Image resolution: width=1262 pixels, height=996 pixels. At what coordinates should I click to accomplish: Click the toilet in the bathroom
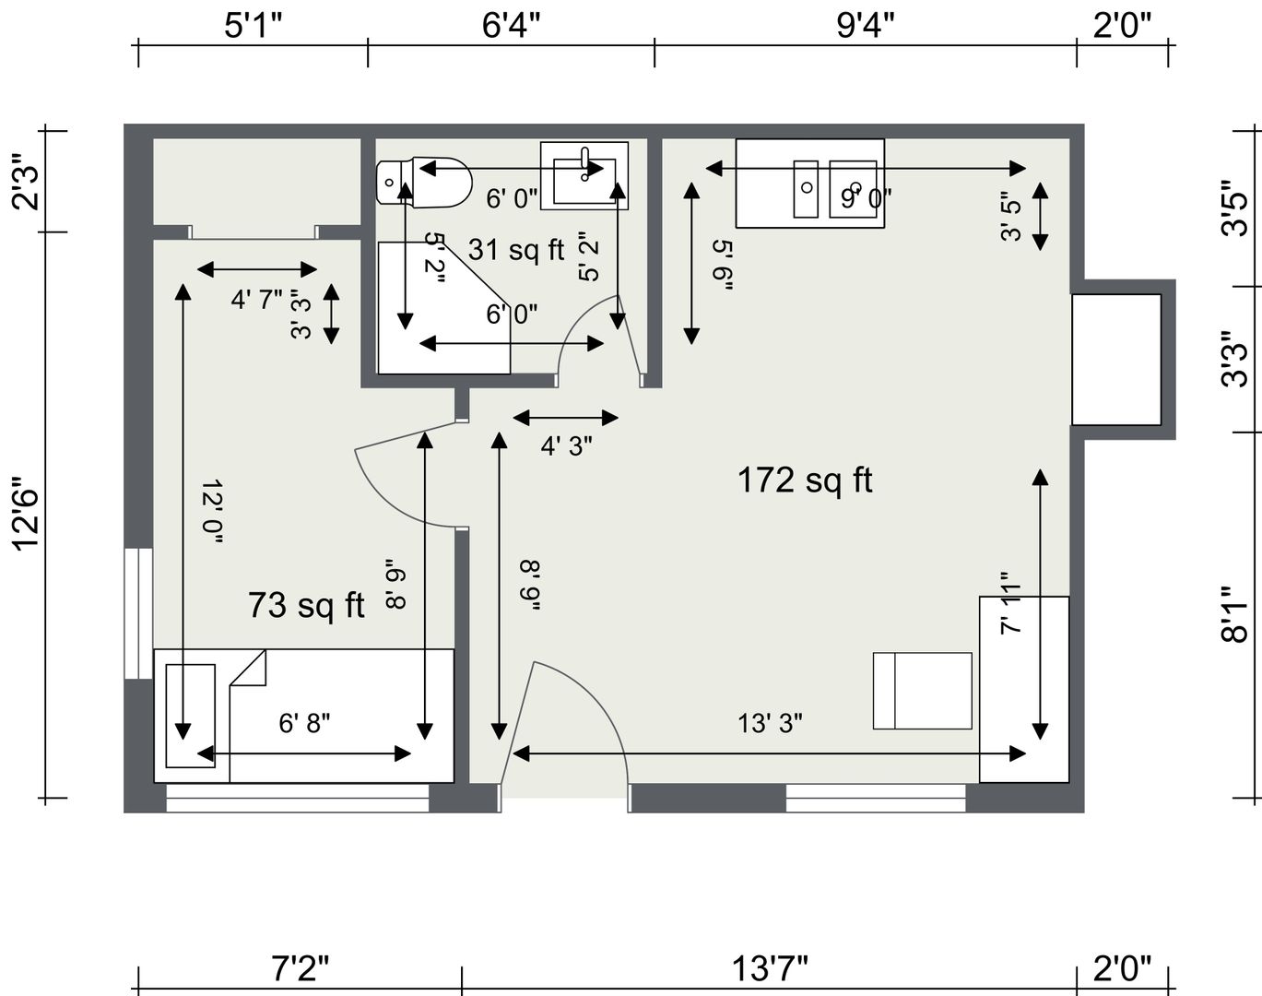(424, 182)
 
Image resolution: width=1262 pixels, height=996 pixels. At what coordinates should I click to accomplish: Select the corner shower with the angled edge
(444, 308)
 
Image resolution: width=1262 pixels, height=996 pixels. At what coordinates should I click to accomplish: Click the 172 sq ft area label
(805, 480)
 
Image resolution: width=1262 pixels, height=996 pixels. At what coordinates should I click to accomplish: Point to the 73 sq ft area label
(306, 605)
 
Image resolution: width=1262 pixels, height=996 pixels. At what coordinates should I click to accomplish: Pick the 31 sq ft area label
(516, 250)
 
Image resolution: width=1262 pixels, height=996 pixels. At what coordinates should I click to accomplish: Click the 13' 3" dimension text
(770, 723)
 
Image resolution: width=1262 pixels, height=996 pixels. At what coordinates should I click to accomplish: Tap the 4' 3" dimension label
(567, 446)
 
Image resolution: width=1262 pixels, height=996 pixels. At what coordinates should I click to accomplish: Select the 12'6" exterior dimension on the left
(27, 513)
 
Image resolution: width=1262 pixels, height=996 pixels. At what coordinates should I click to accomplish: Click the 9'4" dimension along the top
(866, 26)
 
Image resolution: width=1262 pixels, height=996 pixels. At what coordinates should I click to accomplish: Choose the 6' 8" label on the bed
(304, 723)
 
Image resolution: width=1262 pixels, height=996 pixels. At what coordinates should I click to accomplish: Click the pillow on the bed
(191, 716)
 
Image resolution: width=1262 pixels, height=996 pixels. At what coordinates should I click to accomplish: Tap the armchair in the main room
(923, 691)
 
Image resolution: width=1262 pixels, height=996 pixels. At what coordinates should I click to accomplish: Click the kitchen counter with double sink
(810, 184)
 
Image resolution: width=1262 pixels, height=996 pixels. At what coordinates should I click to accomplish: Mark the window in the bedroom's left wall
(138, 613)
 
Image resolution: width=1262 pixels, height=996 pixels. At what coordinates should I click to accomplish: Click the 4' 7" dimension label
(257, 300)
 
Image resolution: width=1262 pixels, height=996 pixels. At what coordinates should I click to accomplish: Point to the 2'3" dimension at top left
(27, 182)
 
